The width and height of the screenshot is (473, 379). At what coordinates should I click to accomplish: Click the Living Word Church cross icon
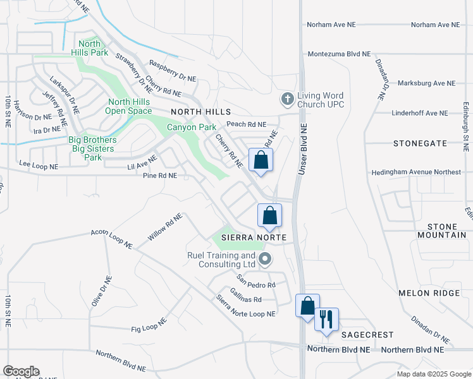click(287, 99)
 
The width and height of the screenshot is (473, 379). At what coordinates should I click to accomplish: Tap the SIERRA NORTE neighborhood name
click(254, 237)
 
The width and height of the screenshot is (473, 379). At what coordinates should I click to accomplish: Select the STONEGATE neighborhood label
click(419, 143)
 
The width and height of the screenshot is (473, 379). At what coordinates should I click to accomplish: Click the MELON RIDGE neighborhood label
click(427, 293)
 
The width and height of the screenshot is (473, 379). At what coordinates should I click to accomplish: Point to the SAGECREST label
click(367, 335)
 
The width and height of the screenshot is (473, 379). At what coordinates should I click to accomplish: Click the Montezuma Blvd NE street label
click(339, 54)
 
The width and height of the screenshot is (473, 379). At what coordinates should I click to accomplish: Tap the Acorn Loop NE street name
click(111, 238)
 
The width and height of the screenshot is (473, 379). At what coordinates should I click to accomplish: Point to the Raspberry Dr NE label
click(173, 71)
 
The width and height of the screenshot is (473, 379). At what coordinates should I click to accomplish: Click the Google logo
click(21, 371)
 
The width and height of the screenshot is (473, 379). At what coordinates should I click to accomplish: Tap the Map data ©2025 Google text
click(433, 374)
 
